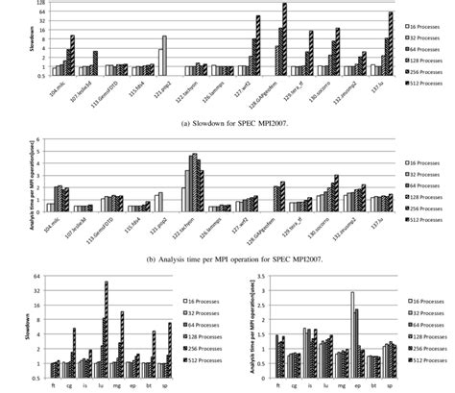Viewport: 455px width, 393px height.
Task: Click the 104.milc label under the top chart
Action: pos(61,84)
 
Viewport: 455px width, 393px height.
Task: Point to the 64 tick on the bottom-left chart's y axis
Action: pos(36,279)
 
